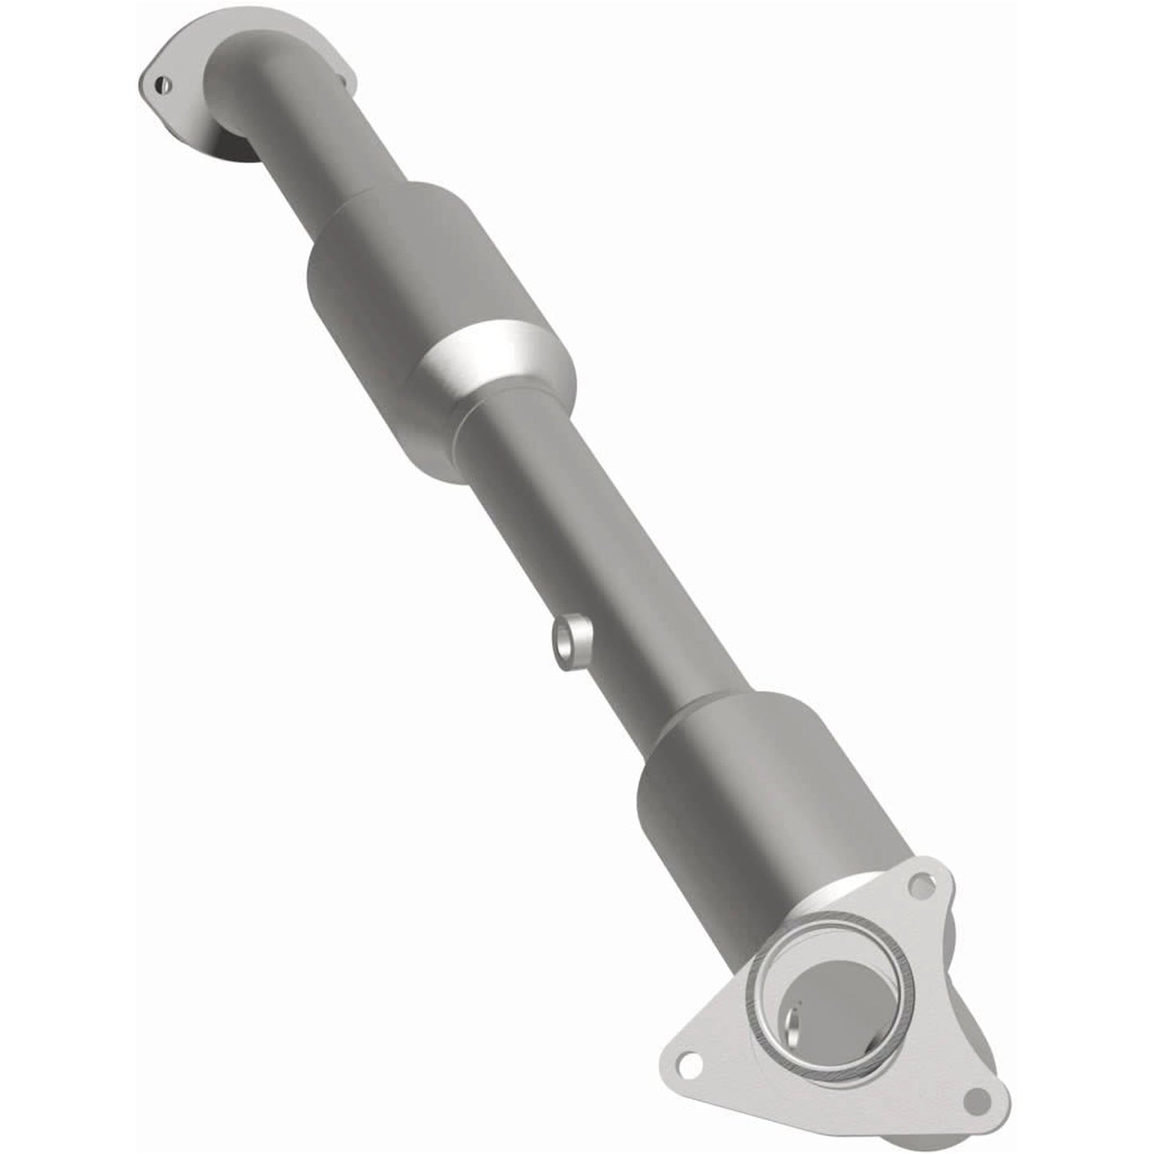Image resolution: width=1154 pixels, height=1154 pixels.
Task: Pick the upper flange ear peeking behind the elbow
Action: (343, 77)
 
